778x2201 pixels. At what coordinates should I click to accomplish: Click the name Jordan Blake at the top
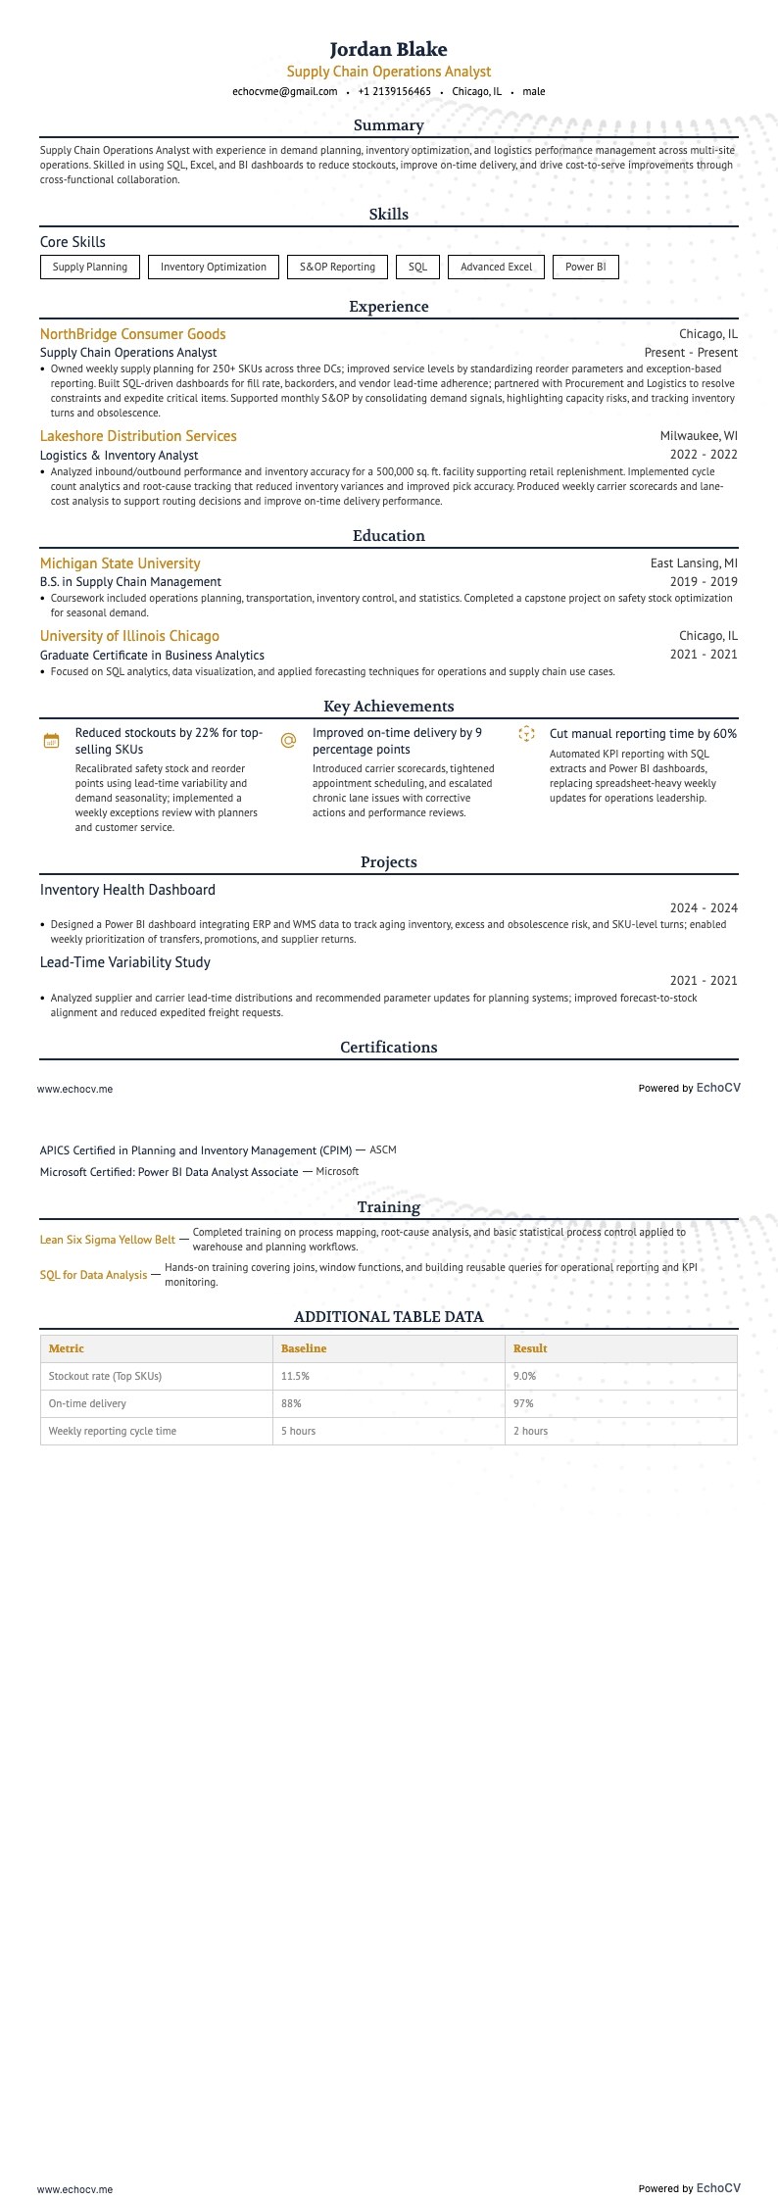point(388,49)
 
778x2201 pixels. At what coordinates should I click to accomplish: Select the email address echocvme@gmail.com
point(284,91)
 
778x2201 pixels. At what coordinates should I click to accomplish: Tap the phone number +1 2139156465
point(394,91)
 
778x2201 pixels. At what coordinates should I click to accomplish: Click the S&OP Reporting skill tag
point(337,267)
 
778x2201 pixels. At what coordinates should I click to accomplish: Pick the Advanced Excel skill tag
point(496,267)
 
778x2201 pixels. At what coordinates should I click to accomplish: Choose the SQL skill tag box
point(417,267)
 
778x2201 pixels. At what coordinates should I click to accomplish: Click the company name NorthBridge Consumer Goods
point(132,334)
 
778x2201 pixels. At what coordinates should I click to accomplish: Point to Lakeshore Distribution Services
point(138,436)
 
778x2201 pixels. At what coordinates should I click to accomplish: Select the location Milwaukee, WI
point(699,436)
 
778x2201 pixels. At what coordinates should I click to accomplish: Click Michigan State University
point(120,563)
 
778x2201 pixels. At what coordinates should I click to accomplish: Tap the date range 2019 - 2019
point(704,582)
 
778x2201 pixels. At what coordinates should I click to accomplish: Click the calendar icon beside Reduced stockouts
point(52,741)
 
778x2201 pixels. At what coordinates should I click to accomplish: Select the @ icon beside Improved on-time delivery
point(288,740)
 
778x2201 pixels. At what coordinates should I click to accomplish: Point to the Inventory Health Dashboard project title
point(127,890)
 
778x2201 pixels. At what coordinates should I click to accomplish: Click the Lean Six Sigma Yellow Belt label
point(107,1240)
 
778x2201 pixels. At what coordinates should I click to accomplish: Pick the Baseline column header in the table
point(304,1348)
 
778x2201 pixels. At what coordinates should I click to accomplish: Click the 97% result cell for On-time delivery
point(523,1403)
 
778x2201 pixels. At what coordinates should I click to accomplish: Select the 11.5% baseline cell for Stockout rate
point(295,1376)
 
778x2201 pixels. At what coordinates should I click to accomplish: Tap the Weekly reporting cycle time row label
point(113,1431)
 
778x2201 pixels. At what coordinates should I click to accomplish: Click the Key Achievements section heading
point(388,707)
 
